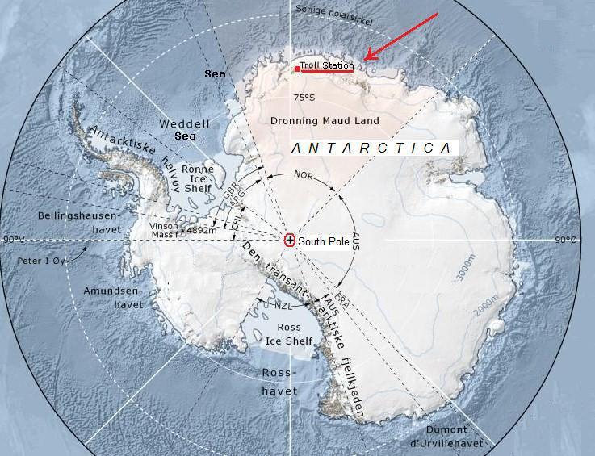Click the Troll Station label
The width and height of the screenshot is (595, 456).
pos(326,65)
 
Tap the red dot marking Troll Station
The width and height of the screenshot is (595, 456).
pos(297,69)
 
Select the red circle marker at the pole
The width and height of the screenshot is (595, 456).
pos(290,240)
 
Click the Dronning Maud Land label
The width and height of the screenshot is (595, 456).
pos(336,121)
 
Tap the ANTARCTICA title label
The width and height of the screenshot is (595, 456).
pos(371,149)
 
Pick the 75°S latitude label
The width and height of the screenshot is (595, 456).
pos(304,98)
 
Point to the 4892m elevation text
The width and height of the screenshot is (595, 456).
pos(202,230)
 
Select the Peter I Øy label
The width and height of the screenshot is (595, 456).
pos(41,261)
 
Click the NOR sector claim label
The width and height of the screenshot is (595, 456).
pos(304,174)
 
